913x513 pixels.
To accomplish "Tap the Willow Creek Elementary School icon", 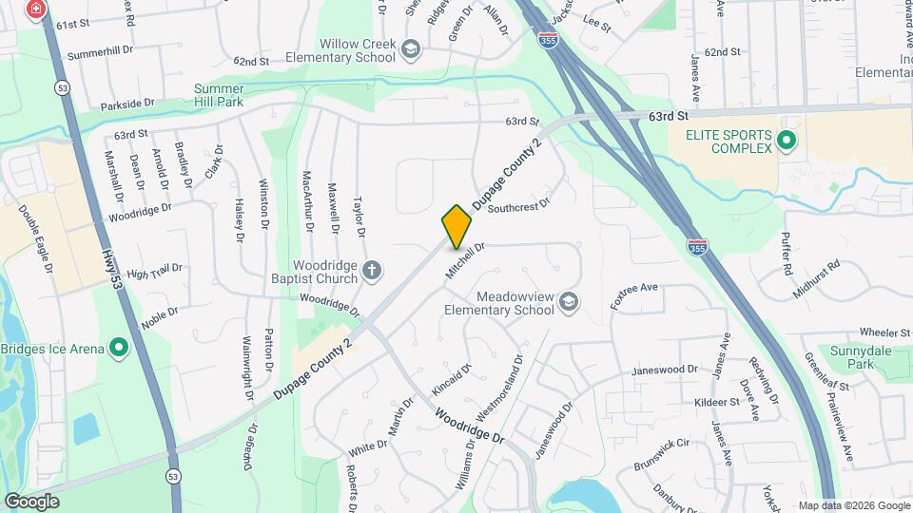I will [410, 48].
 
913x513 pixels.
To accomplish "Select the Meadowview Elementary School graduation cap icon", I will [569, 302].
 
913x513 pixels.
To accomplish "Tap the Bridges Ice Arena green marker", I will [119, 349].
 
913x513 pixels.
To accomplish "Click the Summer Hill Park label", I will [219, 94].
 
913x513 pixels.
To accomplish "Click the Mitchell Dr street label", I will [466, 259].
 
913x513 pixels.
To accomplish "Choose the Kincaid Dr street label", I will [452, 380].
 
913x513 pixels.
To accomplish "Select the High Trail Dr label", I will [154, 272].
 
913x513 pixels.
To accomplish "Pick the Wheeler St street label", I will [884, 332].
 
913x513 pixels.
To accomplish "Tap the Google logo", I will [31, 501].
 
